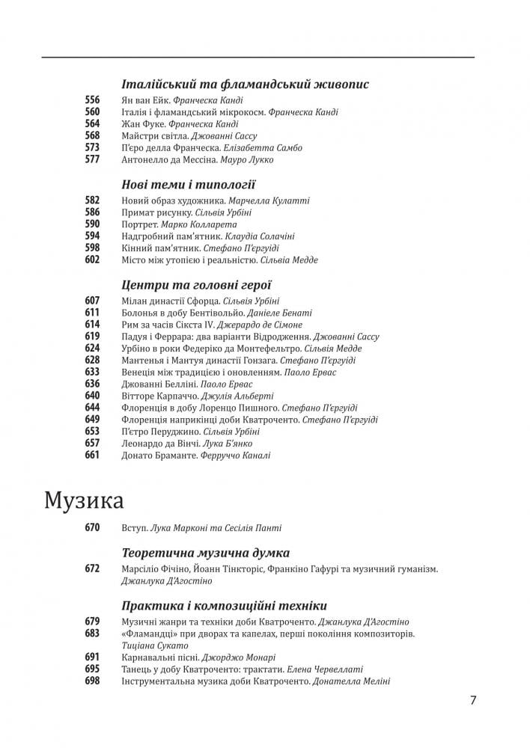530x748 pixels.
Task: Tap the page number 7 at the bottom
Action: [473, 701]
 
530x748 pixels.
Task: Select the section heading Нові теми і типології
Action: [188, 185]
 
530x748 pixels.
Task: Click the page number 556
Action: [92, 100]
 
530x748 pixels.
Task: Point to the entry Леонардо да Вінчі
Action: [157, 444]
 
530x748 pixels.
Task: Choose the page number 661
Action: [92, 455]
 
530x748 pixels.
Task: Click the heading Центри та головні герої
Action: [195, 284]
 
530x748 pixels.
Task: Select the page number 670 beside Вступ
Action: [92, 528]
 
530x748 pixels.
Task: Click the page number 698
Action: [92, 681]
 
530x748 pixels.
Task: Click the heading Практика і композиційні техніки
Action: [223, 605]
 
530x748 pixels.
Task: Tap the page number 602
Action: [92, 260]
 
